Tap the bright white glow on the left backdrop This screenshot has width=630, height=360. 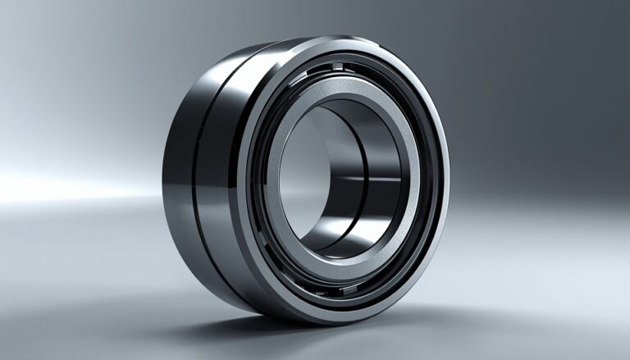pyautogui.click(x=49, y=185)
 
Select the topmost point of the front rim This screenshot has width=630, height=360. pyautogui.click(x=345, y=37)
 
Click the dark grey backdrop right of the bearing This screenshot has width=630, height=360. pyautogui.click(x=541, y=123)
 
